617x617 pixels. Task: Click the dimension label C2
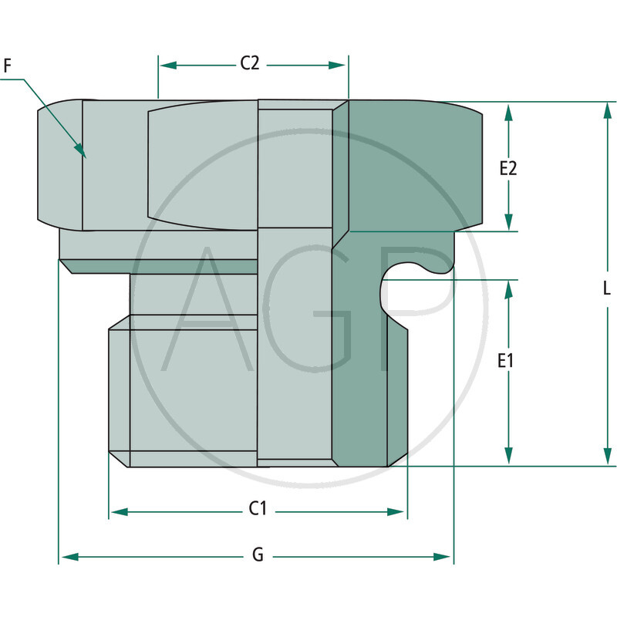click(x=249, y=64)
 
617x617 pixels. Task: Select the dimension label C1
click(x=258, y=509)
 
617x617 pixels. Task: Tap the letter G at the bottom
click(x=258, y=555)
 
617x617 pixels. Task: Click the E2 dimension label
click(x=507, y=168)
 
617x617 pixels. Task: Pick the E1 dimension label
click(x=507, y=360)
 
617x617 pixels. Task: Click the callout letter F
click(x=8, y=66)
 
